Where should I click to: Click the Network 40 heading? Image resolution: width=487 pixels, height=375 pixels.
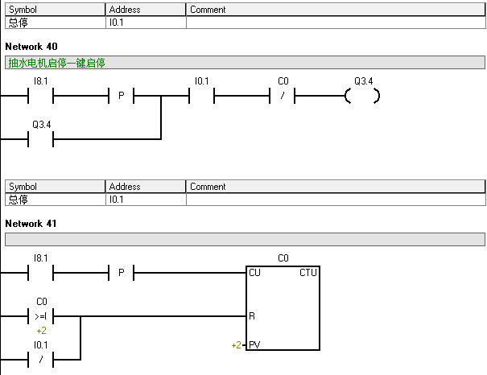[x=31, y=47]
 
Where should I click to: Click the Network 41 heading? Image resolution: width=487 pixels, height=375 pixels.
[x=31, y=224]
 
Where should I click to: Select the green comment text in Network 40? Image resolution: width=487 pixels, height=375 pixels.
[x=56, y=63]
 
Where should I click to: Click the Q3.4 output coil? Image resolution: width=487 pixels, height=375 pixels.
[x=362, y=96]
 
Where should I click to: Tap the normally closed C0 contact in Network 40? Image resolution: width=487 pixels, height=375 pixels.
[x=282, y=96]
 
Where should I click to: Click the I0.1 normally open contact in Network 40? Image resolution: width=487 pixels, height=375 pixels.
[x=201, y=96]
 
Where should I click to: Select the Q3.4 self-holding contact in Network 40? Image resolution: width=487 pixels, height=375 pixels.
[x=41, y=139]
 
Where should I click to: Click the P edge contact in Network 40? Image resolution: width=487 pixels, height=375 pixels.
[x=121, y=96]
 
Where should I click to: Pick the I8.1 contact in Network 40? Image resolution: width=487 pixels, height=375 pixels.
[x=41, y=96]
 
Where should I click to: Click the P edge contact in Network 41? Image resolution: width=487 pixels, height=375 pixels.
[x=121, y=273]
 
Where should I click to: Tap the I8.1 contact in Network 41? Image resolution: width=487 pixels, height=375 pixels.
[x=41, y=273]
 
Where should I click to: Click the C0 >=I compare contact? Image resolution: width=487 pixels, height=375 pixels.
[x=41, y=316]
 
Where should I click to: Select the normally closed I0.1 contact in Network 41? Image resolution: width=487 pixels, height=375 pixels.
[x=41, y=360]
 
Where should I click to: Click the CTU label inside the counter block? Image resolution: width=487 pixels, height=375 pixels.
[x=307, y=273]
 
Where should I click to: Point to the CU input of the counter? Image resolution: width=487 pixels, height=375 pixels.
[x=254, y=273]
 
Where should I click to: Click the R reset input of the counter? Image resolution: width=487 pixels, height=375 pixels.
[x=252, y=316]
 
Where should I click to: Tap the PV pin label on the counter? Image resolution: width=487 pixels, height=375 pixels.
[x=254, y=345]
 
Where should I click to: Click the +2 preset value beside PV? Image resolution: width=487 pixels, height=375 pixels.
[x=236, y=345]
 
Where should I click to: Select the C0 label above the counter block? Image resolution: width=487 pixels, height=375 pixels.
[x=283, y=258]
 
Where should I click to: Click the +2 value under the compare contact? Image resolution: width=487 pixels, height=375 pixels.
[x=41, y=331]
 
